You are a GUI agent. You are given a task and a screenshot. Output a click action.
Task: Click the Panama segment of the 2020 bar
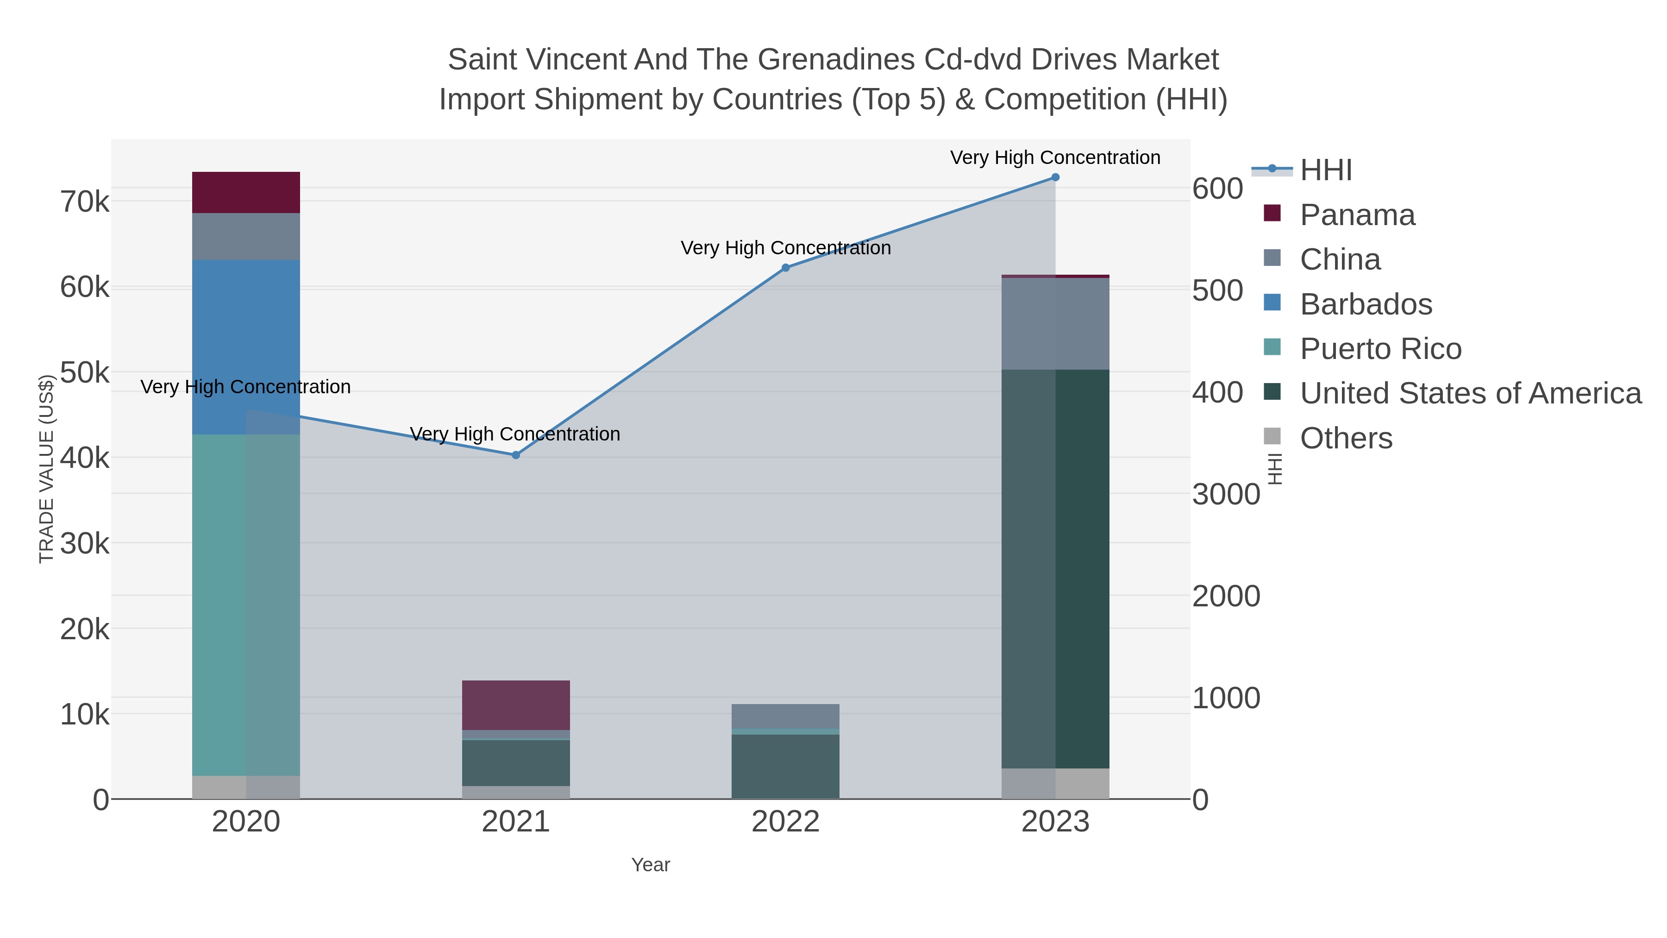(246, 192)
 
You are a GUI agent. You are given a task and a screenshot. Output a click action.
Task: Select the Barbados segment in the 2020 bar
(246, 347)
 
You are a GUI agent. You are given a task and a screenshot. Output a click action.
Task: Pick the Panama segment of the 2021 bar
(516, 705)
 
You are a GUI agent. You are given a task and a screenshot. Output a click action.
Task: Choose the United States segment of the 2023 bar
(1055, 568)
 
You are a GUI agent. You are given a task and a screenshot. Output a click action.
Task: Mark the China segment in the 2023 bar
(1055, 324)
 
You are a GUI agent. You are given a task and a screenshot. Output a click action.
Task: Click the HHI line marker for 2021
(516, 455)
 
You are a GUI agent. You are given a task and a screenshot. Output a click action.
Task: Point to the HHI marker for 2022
(786, 267)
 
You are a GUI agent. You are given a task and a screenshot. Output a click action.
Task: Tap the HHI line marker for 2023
(1055, 177)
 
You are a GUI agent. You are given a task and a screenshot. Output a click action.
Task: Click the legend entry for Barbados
(1366, 304)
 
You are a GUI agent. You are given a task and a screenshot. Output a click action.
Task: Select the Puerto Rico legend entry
(1380, 349)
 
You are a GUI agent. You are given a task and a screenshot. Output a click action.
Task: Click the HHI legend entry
(1325, 170)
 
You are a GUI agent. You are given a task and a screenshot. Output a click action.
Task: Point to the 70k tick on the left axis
(85, 202)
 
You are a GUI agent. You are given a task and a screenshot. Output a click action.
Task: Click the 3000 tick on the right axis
(1226, 495)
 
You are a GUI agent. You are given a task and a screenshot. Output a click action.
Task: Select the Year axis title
(651, 865)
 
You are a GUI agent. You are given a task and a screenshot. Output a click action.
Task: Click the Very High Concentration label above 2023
(1055, 158)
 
